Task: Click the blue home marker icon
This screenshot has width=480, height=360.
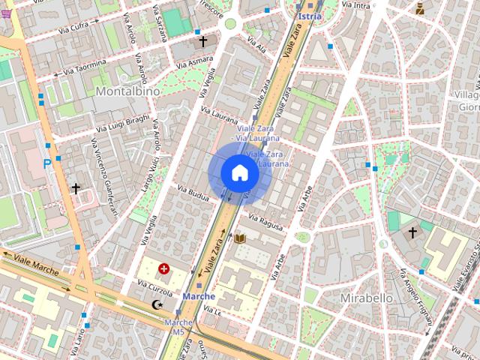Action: click(x=240, y=173)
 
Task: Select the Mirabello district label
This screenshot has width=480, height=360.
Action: click(x=367, y=298)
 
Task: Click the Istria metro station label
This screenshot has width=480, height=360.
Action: click(x=309, y=16)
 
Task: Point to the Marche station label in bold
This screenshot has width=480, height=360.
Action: click(x=199, y=296)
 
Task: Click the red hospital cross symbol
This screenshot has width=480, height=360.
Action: click(x=163, y=267)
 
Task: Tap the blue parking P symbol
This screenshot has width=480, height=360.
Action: click(x=47, y=163)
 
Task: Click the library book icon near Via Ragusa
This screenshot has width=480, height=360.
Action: click(x=240, y=238)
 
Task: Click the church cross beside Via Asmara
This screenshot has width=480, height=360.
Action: click(x=202, y=42)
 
